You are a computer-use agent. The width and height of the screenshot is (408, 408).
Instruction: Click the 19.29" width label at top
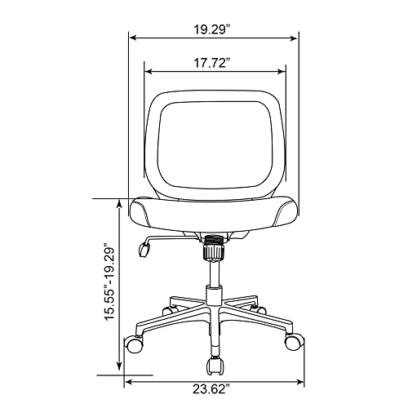pyautogui.click(x=212, y=29)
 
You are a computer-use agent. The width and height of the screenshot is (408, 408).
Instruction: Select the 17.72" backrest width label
pyautogui.click(x=212, y=63)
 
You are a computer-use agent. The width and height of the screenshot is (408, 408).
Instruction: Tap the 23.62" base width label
pyautogui.click(x=211, y=389)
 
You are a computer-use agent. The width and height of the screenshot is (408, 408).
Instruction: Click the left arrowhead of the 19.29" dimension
pyautogui.click(x=132, y=38)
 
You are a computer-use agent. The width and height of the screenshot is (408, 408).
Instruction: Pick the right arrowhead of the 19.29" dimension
pyautogui.click(x=294, y=38)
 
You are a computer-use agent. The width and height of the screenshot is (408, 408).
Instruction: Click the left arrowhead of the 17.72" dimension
pyautogui.click(x=149, y=71)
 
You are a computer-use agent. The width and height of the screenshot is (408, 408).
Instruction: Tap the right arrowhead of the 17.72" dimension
pyautogui.click(x=281, y=72)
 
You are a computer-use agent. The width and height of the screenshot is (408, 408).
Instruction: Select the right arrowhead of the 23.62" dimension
pyautogui.click(x=300, y=382)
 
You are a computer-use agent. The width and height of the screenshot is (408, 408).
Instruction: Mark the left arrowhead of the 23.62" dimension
pyautogui.click(x=129, y=382)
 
